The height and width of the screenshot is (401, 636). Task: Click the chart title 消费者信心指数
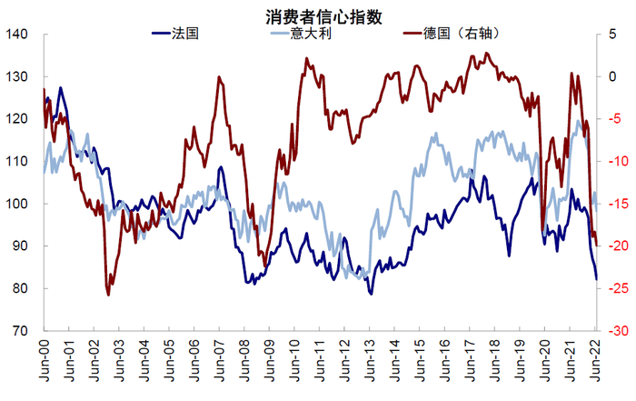[318, 16]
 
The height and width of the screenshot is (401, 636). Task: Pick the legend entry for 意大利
[308, 34]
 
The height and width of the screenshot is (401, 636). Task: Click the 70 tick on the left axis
[22, 331]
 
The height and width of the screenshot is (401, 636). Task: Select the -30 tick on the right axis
[618, 331]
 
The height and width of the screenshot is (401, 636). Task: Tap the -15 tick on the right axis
[618, 204]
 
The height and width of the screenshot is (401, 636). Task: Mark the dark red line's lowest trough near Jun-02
[108, 295]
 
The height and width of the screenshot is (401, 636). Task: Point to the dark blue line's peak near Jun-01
[61, 88]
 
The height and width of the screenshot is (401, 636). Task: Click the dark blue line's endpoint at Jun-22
[597, 279]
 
